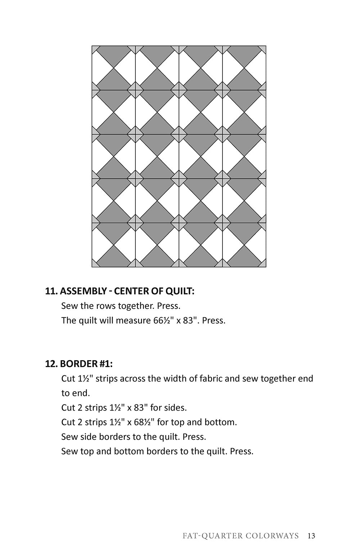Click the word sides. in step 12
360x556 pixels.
point(175,408)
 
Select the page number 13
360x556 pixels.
point(311,536)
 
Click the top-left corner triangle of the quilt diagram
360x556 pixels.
point(94,49)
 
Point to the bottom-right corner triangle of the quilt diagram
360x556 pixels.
point(264,265)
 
